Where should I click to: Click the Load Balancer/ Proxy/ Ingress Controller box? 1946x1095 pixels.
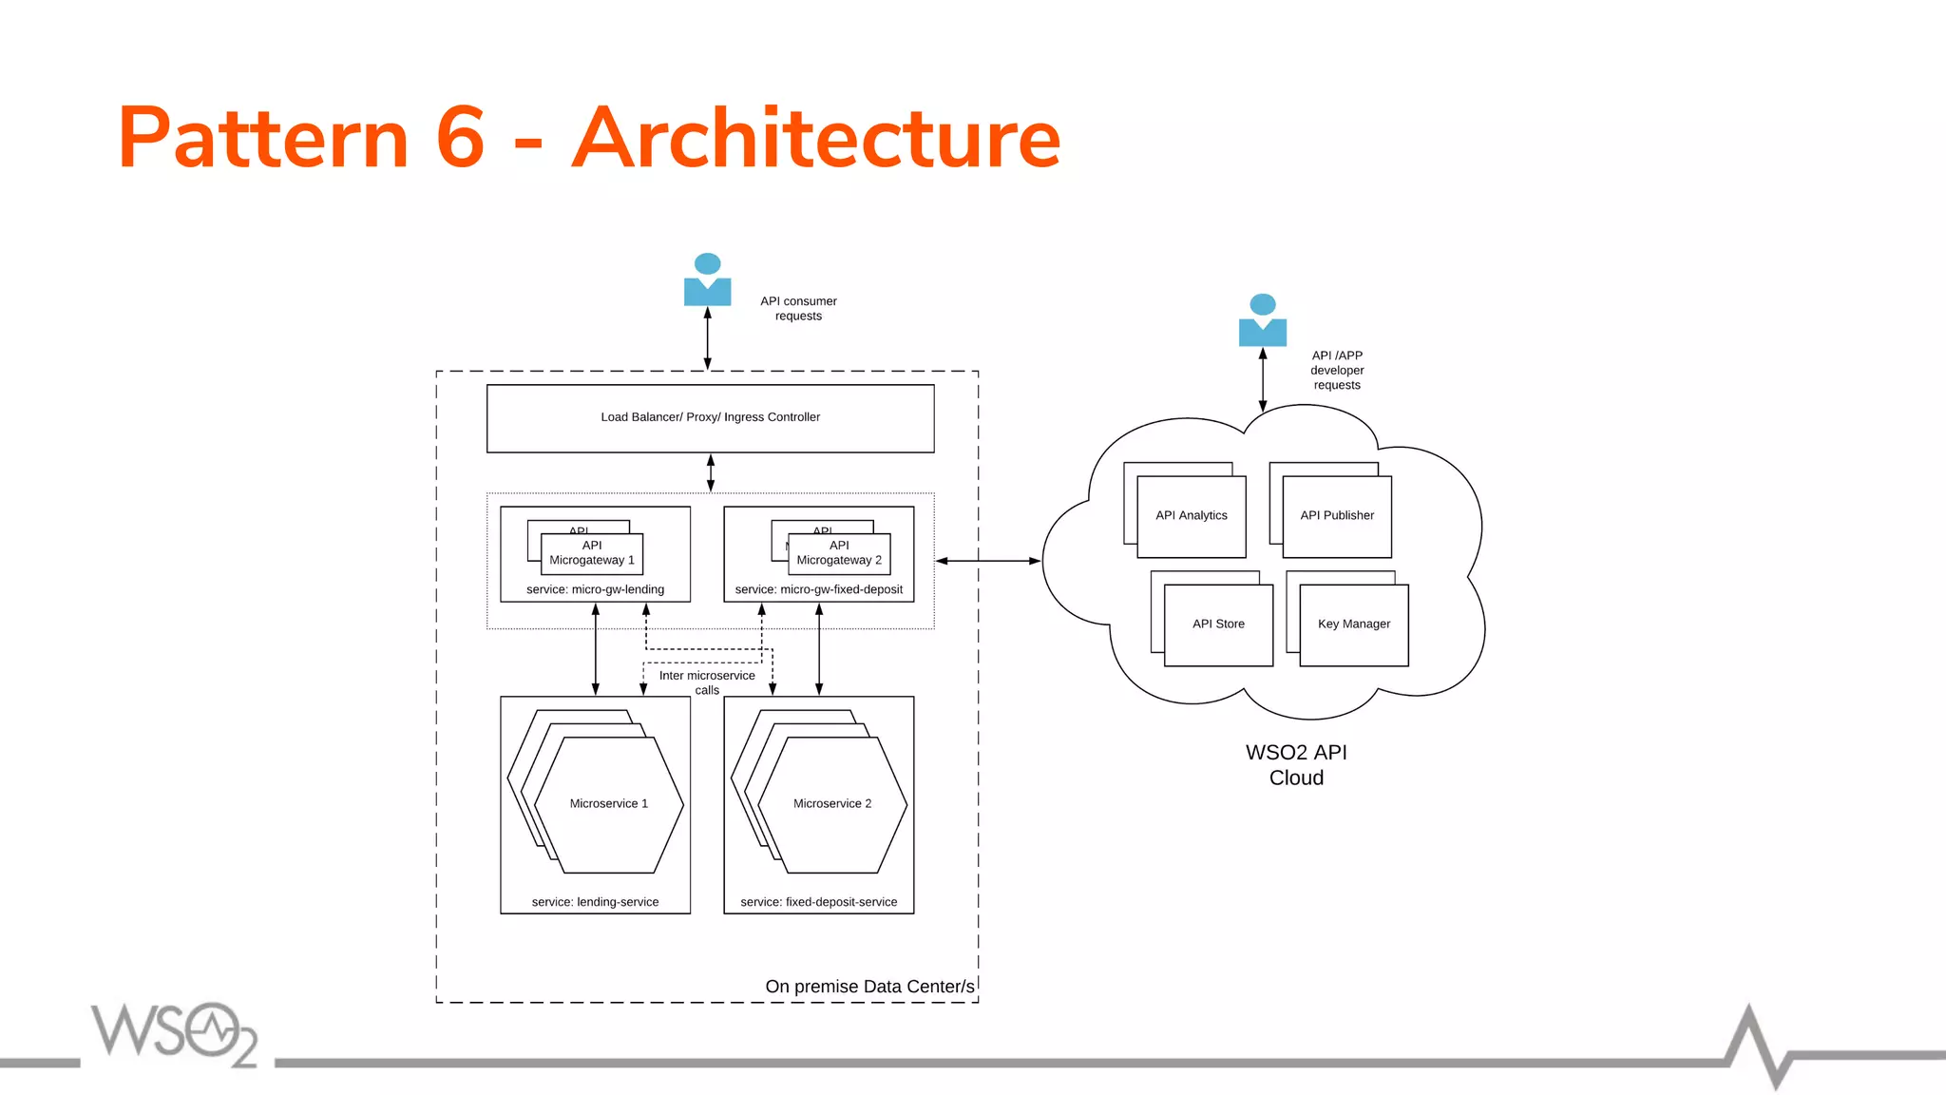point(710,417)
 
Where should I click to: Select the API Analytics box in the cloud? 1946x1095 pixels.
point(1191,516)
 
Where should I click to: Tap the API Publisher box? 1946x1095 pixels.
point(1336,516)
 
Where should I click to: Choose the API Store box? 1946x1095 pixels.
point(1217,624)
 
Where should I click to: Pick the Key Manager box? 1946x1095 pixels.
point(1353,624)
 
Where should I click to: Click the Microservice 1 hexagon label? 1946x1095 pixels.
point(608,804)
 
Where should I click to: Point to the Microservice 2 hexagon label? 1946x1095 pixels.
point(831,804)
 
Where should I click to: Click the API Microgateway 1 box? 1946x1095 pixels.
point(591,553)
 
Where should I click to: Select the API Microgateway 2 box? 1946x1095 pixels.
point(839,553)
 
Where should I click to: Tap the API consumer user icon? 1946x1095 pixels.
point(707,279)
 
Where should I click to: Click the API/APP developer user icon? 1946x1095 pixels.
point(1262,320)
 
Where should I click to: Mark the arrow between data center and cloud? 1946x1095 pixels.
point(988,561)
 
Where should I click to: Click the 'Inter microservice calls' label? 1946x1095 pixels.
point(707,682)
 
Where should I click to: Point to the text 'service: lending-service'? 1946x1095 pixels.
point(595,902)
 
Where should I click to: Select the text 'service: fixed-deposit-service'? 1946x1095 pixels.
point(818,902)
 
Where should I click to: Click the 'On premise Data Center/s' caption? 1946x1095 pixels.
point(869,987)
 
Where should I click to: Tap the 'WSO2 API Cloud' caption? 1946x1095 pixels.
point(1296,765)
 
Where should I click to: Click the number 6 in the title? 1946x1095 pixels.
point(461,139)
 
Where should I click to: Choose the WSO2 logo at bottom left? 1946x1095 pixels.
point(174,1033)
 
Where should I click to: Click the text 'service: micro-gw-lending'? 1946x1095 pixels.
point(595,589)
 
